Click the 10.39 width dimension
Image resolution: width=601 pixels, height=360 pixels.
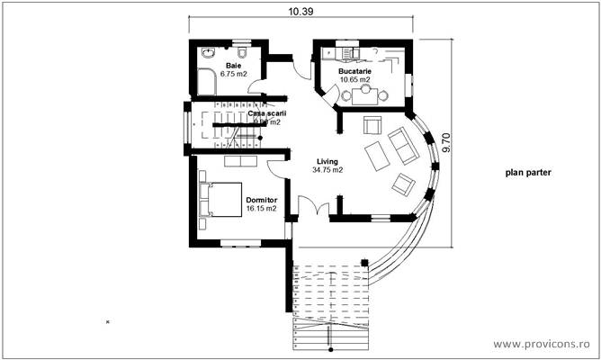point(300,11)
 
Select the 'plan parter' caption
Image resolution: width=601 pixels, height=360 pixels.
point(527,173)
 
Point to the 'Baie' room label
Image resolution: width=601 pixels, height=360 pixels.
point(234,66)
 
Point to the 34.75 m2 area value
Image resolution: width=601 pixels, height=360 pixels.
point(327,169)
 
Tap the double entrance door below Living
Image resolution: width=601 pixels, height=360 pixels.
point(313,211)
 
